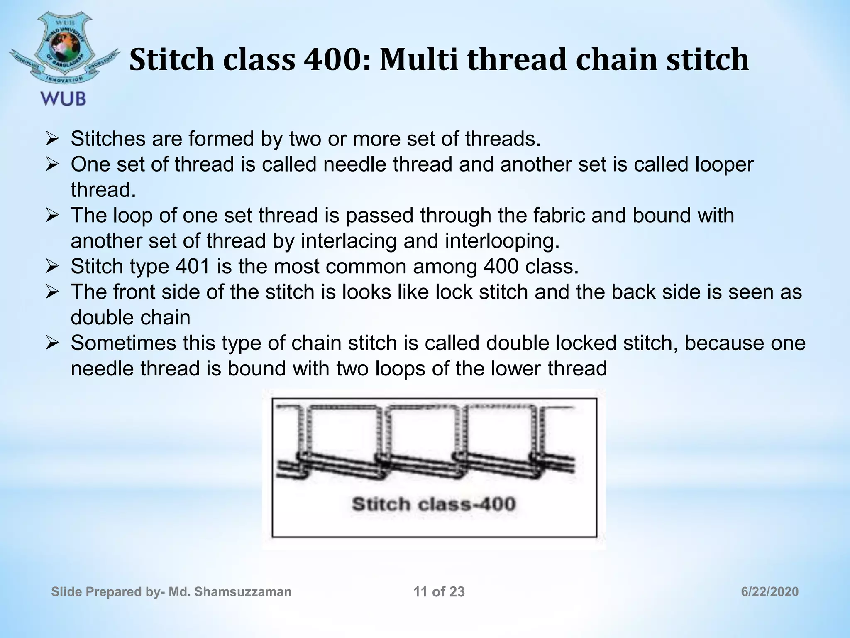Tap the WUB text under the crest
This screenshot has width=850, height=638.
pyautogui.click(x=63, y=99)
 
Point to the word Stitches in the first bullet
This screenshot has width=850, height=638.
pyautogui.click(x=107, y=139)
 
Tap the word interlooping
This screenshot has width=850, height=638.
pyautogui.click(x=502, y=241)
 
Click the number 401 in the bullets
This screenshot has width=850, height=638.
pyautogui.click(x=193, y=267)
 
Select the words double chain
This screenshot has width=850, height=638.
pyautogui.click(x=130, y=318)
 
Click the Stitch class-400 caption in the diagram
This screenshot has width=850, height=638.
pyautogui.click(x=434, y=504)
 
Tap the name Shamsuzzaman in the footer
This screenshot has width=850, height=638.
pyautogui.click(x=243, y=592)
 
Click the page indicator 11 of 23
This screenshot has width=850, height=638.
pyautogui.click(x=439, y=592)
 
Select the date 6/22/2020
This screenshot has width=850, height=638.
pyautogui.click(x=769, y=592)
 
